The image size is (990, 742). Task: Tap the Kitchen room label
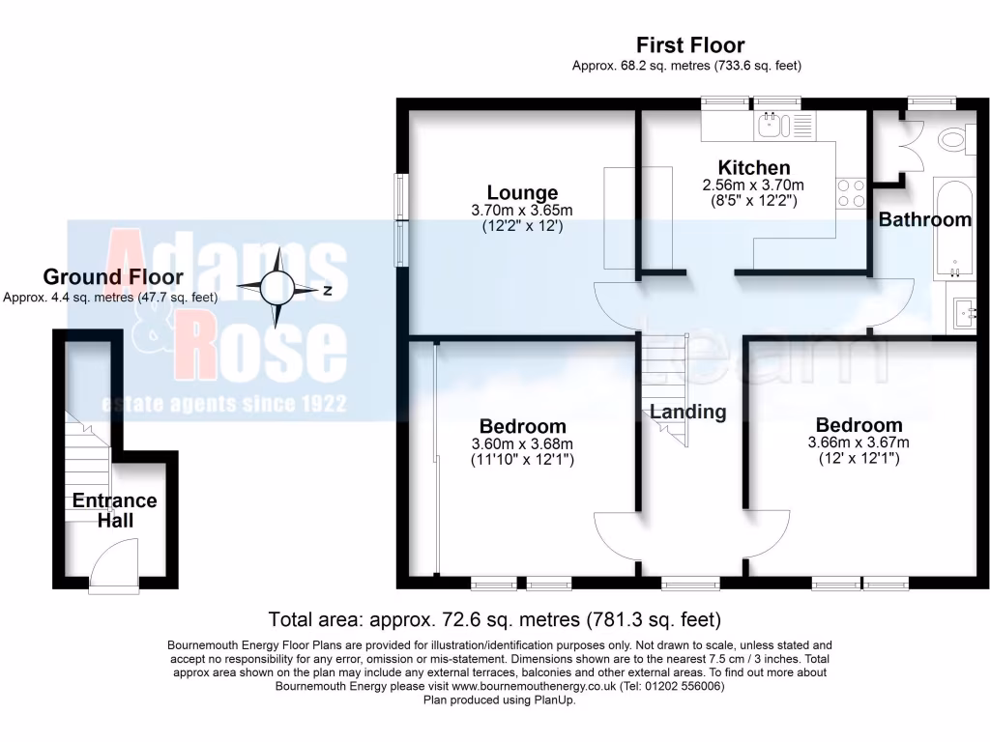[x=753, y=167]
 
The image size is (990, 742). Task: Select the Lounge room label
[x=522, y=192]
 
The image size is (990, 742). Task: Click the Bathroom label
[x=924, y=219]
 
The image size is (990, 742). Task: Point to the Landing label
[x=687, y=412]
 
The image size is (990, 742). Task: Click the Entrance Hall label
[x=114, y=510]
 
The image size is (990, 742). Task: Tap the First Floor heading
[x=689, y=44]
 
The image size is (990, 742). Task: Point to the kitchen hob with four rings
[x=850, y=193]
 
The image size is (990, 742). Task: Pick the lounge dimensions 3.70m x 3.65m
[x=522, y=210]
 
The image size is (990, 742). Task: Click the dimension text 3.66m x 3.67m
[x=859, y=442]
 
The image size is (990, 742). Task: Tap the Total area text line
[x=494, y=618]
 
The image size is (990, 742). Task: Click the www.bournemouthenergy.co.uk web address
[x=535, y=686]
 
